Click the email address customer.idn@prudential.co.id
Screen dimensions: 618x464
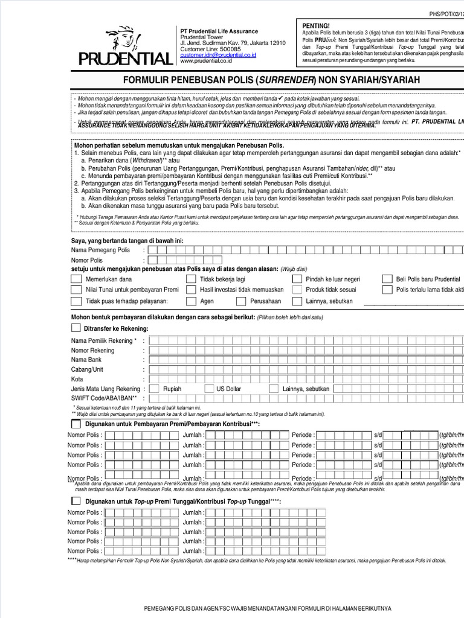(x=218, y=55)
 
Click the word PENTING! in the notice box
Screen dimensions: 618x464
(x=316, y=25)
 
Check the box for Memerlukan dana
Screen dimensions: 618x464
(x=76, y=279)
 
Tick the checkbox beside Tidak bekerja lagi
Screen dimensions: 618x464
(x=191, y=279)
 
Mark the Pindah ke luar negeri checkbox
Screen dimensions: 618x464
(x=297, y=279)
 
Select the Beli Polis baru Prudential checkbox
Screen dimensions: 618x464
(x=387, y=279)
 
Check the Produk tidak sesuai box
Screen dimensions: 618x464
(x=297, y=290)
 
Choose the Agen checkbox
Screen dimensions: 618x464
(x=191, y=301)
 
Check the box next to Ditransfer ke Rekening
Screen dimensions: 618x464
(x=76, y=328)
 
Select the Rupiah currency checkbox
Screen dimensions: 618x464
(x=154, y=389)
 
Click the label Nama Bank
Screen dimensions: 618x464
(x=86, y=360)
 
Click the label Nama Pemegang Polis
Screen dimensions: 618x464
(x=100, y=250)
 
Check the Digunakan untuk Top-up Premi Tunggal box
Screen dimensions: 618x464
(x=76, y=502)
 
